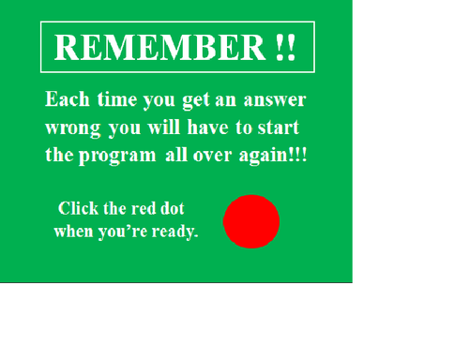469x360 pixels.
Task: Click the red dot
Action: (251, 221)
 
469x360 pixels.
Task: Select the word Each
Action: (65, 99)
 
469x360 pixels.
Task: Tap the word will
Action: (166, 127)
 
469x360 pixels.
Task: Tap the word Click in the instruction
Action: (78, 208)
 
